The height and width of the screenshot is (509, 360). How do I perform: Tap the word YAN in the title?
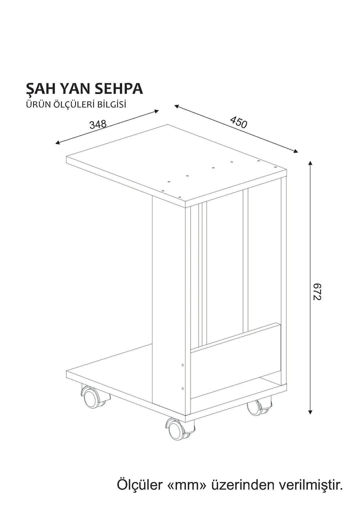pos(73,88)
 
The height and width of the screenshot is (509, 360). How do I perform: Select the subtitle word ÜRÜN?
pos(36,105)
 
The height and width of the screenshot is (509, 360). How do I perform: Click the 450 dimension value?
pos(238,122)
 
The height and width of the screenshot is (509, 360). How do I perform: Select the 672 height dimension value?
pos(315,290)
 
